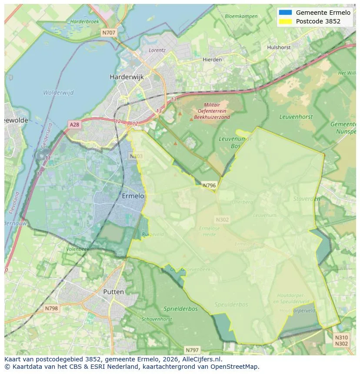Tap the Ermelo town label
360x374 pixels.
point(133,196)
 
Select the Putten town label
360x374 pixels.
point(113,292)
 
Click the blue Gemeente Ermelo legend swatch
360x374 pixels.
point(285,13)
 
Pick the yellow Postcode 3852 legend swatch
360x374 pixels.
point(285,21)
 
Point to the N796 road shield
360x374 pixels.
point(209,185)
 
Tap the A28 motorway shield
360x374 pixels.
point(74,125)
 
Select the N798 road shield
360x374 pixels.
point(51,308)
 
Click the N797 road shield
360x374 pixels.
point(192,350)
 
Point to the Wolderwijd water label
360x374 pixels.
point(58,93)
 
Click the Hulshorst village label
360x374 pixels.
point(279,47)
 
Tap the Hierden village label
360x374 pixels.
point(212,59)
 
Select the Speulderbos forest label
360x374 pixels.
point(231,304)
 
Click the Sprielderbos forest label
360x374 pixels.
point(180,309)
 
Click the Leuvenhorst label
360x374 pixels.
point(296,117)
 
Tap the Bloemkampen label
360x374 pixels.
point(241,17)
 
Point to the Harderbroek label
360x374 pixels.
point(85,21)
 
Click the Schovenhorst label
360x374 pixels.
point(157,319)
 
